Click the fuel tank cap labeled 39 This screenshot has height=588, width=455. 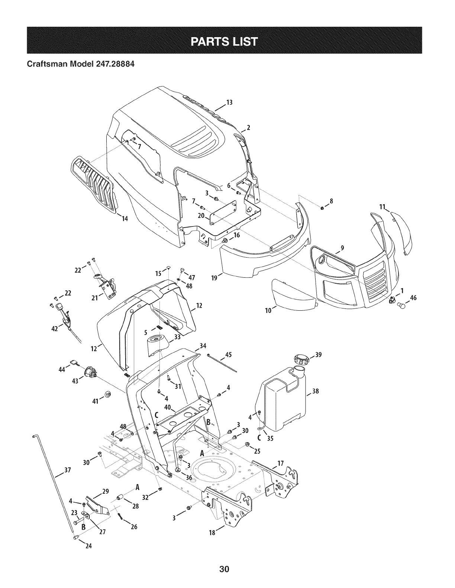click(x=301, y=360)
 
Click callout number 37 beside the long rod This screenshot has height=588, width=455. click(x=67, y=471)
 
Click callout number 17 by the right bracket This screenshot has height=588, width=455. click(x=281, y=463)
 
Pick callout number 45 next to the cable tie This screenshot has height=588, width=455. click(x=228, y=354)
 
